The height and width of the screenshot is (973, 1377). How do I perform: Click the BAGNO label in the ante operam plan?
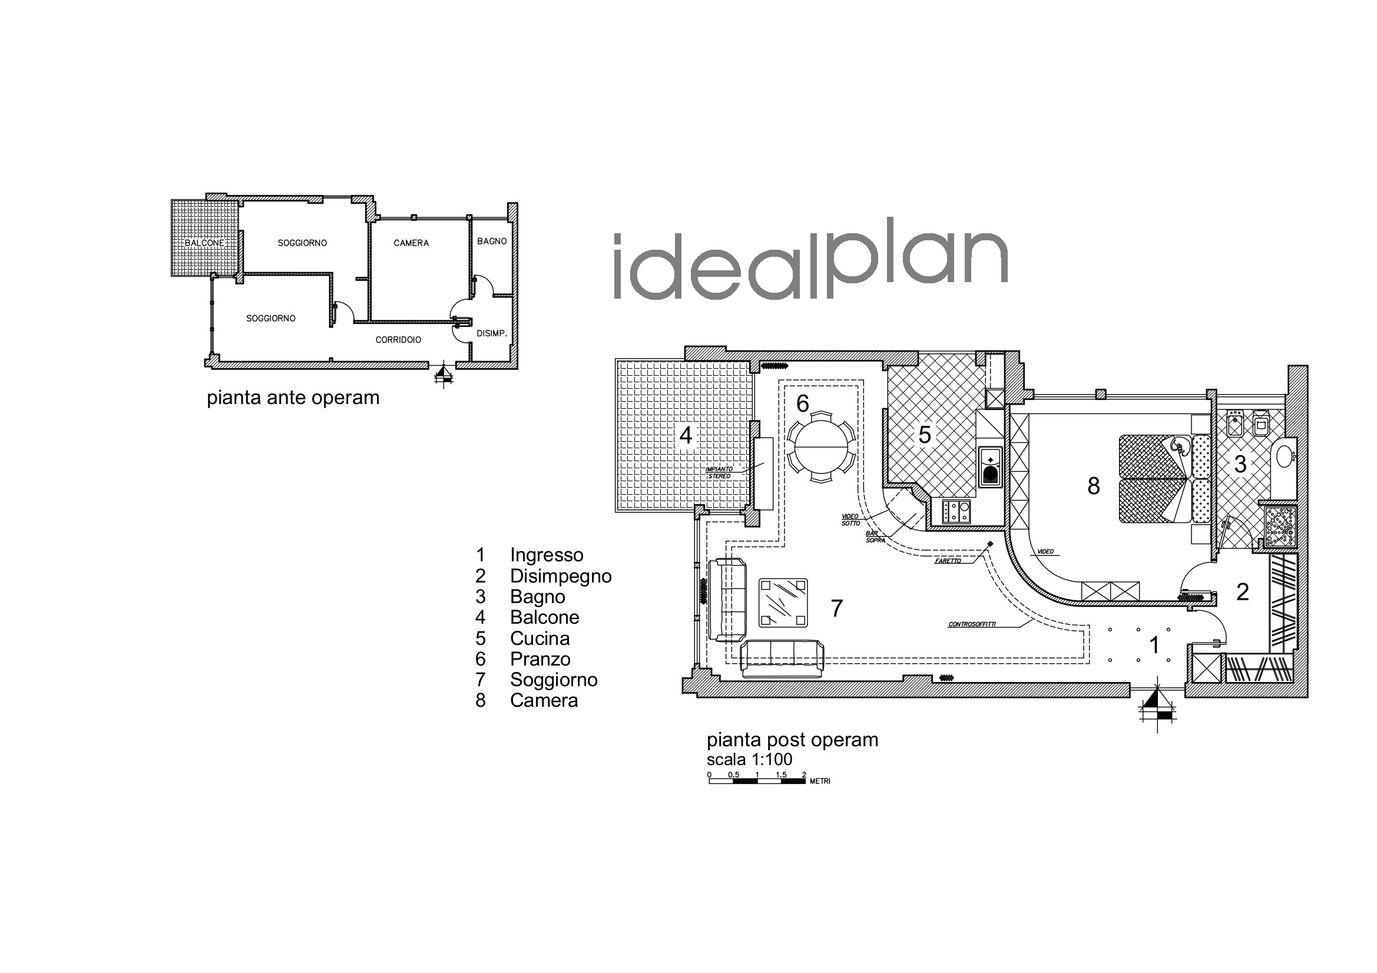click(x=492, y=241)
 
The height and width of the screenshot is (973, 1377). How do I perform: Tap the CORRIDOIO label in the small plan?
click(x=398, y=339)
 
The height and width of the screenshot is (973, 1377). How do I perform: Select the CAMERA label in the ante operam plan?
click(x=412, y=243)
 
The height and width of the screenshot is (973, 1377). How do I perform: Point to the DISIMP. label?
click(x=492, y=333)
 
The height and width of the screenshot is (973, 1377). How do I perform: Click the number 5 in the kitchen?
click(x=924, y=435)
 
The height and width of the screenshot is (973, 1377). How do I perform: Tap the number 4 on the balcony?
click(x=686, y=435)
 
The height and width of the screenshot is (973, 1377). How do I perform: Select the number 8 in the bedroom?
click(x=1093, y=486)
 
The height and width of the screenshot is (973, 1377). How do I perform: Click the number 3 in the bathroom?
click(x=1240, y=464)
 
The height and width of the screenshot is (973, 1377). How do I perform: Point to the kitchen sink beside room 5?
click(x=990, y=466)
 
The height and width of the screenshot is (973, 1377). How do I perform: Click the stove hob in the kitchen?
click(x=956, y=512)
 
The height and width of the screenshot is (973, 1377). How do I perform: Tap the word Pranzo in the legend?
click(x=539, y=658)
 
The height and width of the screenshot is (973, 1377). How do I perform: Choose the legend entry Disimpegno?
click(x=560, y=576)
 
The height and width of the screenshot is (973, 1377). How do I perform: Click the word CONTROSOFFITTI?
click(x=972, y=624)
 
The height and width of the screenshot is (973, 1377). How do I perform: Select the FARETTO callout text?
click(x=948, y=561)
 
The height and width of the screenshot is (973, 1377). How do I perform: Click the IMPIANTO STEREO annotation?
click(x=719, y=472)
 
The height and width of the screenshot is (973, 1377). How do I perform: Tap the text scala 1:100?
click(x=750, y=759)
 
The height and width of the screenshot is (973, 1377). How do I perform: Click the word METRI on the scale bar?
click(x=820, y=781)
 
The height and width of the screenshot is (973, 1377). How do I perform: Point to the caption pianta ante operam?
click(x=293, y=398)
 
